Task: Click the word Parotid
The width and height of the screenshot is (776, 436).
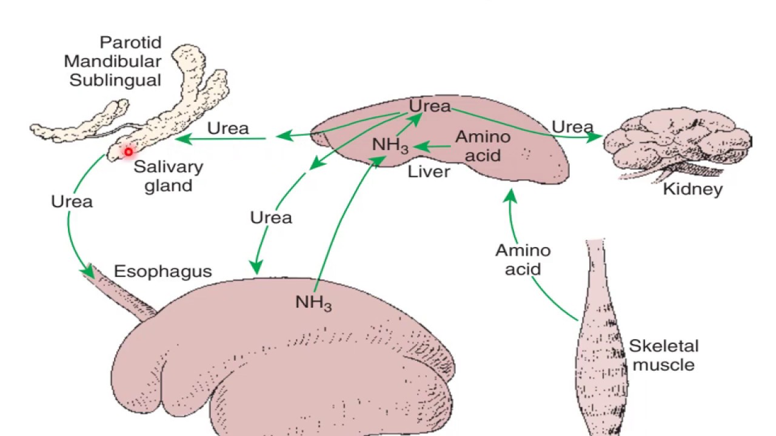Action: pos(130,43)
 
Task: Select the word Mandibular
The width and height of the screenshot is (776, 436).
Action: pos(113,61)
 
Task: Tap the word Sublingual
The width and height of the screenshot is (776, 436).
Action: pos(115,80)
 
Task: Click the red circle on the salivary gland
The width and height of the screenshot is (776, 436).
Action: pos(129,152)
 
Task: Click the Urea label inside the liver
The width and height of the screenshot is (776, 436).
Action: pos(430,106)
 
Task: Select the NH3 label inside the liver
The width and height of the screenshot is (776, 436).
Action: pos(390,146)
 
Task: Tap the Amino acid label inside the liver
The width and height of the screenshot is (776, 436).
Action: pos(483,146)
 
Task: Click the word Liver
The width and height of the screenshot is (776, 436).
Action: pos(429,171)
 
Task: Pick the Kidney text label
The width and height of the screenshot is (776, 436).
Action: pos(692,189)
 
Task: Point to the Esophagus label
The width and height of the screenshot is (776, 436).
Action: pos(162,271)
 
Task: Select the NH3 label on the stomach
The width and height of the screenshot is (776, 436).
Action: pos(313,302)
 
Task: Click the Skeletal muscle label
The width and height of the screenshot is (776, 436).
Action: pos(663,355)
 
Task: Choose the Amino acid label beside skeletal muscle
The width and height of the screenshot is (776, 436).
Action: pos(523,259)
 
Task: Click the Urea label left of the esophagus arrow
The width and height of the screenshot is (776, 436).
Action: pos(72,201)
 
